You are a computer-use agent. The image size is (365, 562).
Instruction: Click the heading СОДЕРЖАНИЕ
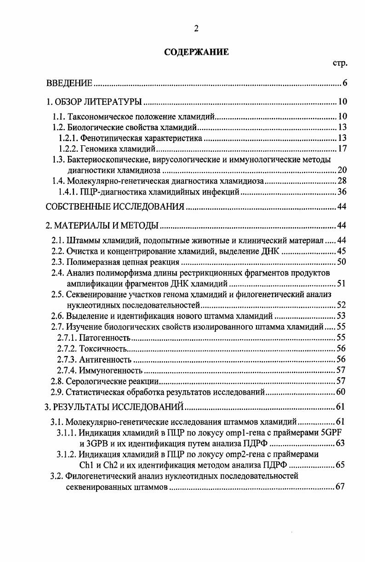click(x=196, y=52)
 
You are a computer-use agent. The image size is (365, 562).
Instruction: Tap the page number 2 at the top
click(x=196, y=29)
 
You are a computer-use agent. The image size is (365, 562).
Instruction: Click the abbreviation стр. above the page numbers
click(x=339, y=63)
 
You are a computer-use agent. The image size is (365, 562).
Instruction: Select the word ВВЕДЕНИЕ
click(x=70, y=83)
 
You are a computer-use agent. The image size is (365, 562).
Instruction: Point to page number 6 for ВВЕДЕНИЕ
click(x=344, y=83)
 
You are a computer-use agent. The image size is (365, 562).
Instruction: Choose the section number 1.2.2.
click(x=68, y=149)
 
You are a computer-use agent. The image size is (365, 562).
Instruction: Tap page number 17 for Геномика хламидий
click(x=342, y=149)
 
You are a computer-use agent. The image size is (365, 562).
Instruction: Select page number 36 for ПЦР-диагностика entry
click(x=342, y=192)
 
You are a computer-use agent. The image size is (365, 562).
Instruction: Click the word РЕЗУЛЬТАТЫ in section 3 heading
click(x=86, y=406)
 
